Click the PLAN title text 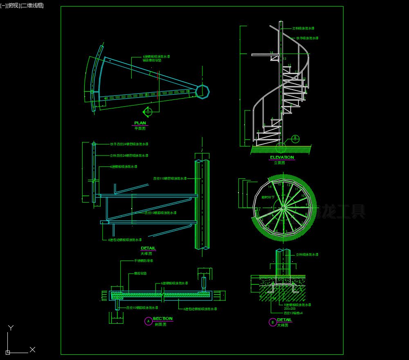pos(140,123)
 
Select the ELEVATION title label pos(282,157)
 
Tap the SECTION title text pos(162,318)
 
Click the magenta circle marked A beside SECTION pos(148,322)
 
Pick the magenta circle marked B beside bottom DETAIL pos(272,322)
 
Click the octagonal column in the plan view pos(202,92)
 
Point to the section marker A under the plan pos(148,111)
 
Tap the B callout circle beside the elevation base pos(295,138)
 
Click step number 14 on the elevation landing pos(271,53)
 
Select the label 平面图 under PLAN pos(140,128)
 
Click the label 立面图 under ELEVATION pos(279,162)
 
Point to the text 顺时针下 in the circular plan pos(268,197)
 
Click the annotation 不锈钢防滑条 pos(144,261)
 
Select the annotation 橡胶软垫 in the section pos(140,273)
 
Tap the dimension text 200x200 pos(290,308)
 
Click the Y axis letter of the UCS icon pos(11,327)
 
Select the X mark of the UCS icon pos(33,349)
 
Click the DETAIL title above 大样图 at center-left pos(148,248)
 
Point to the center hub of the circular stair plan pos(282,208)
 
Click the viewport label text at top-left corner pos(22,5)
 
